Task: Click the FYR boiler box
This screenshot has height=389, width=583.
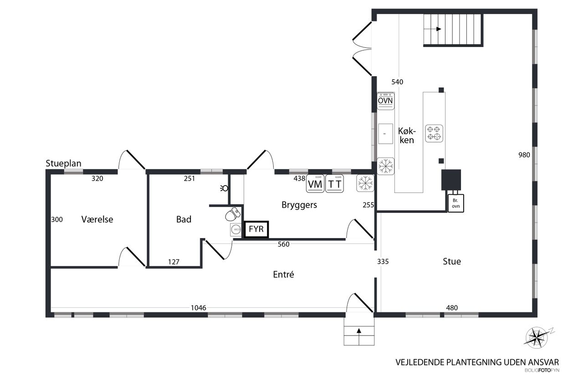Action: [x=256, y=229]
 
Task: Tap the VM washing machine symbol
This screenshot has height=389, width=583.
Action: [x=315, y=184]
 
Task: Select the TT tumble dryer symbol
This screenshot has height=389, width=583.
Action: [x=334, y=184]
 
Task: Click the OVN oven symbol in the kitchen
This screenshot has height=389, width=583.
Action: [x=385, y=101]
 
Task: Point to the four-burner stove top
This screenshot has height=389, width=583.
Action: [x=434, y=134]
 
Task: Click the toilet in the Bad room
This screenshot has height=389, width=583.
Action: [x=233, y=214]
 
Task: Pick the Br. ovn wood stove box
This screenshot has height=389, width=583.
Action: [x=456, y=203]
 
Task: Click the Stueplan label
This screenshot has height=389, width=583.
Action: [x=63, y=163]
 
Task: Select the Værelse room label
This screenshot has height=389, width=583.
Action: [x=97, y=219]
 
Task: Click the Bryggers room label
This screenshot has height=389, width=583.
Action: [x=299, y=205]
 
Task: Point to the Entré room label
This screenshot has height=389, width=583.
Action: [x=283, y=275]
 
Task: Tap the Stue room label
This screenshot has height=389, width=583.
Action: [x=452, y=261]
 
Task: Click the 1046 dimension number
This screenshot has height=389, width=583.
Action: [x=198, y=308]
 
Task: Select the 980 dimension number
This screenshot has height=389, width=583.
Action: [x=524, y=155]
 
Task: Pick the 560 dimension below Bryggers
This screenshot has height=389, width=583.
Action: [x=283, y=244]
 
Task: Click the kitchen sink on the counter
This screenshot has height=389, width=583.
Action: [x=385, y=134]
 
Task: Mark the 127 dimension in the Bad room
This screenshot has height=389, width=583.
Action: [x=174, y=262]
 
